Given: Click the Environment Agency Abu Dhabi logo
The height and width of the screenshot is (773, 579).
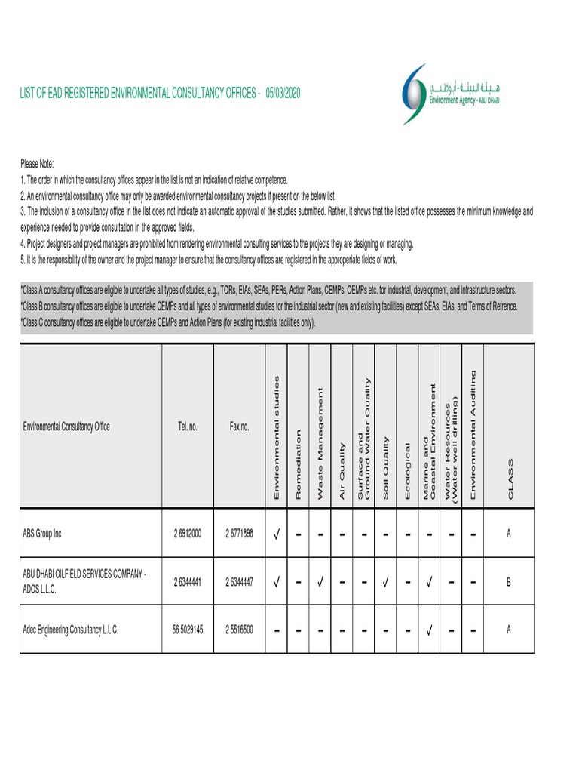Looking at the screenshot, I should pos(450,94).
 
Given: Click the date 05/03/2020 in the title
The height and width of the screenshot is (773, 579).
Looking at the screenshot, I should pos(283,93).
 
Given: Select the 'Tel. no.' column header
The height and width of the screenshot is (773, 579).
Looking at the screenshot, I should pos(188,427).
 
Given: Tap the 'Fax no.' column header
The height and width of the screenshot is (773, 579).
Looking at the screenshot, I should pos(239,427).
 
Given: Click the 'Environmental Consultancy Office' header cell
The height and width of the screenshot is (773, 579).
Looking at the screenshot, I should pos(66,427).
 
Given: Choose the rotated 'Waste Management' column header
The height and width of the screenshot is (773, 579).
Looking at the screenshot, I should pos(320,442).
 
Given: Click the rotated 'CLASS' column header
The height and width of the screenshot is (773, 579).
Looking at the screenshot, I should pos(509,477).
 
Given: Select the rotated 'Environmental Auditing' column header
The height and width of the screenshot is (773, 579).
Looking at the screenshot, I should pos(473,434).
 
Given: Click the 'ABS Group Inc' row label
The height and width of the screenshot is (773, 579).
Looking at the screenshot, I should pos(42,534).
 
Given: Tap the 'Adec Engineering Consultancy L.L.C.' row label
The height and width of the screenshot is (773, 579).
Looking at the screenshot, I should pos(71,630).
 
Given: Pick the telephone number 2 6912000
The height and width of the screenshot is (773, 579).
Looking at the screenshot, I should pos(188,534).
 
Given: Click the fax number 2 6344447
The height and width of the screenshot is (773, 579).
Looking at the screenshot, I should pos(239,582).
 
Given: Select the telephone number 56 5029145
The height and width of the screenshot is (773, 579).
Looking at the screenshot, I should pos(188,630).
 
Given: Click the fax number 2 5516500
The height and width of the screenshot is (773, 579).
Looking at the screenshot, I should pos(239,630).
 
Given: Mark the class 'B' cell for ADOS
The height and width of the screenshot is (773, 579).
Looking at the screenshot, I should pos(509,582).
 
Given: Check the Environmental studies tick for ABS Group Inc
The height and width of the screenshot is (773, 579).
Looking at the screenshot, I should pos(277,534).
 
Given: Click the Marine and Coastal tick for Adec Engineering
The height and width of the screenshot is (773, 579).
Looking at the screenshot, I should pos(429,630).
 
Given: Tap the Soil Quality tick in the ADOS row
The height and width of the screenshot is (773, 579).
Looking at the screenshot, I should pos(385,582).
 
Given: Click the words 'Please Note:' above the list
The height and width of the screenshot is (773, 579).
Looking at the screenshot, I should pos(37,164).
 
